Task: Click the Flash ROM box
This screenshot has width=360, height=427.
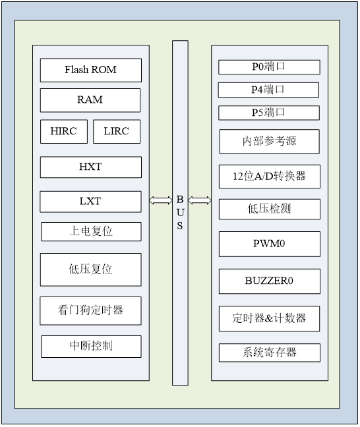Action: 91,70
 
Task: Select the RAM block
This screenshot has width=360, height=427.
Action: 90,100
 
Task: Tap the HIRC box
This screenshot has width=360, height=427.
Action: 63,131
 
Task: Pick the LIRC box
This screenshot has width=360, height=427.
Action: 117,131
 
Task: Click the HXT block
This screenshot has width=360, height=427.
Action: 90,167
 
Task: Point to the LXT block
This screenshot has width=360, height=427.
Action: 90,201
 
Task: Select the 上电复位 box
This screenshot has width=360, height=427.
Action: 91,231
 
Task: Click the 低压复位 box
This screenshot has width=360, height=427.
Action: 91,269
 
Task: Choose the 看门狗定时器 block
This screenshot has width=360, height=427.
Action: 91,310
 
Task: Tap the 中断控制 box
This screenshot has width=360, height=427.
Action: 91,346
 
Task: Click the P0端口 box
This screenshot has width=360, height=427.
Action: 269,67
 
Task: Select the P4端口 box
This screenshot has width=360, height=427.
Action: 268,89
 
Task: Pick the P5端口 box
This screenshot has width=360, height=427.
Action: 269,113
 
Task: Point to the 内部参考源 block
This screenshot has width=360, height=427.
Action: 269,141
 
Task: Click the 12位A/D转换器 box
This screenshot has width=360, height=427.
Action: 269,177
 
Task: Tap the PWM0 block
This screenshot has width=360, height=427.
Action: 269,244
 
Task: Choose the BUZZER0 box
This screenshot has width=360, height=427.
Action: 269,281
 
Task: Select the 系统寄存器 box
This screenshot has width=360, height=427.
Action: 269,353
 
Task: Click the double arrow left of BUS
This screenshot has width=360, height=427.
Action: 160,200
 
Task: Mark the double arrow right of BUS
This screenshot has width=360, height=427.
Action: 200,200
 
